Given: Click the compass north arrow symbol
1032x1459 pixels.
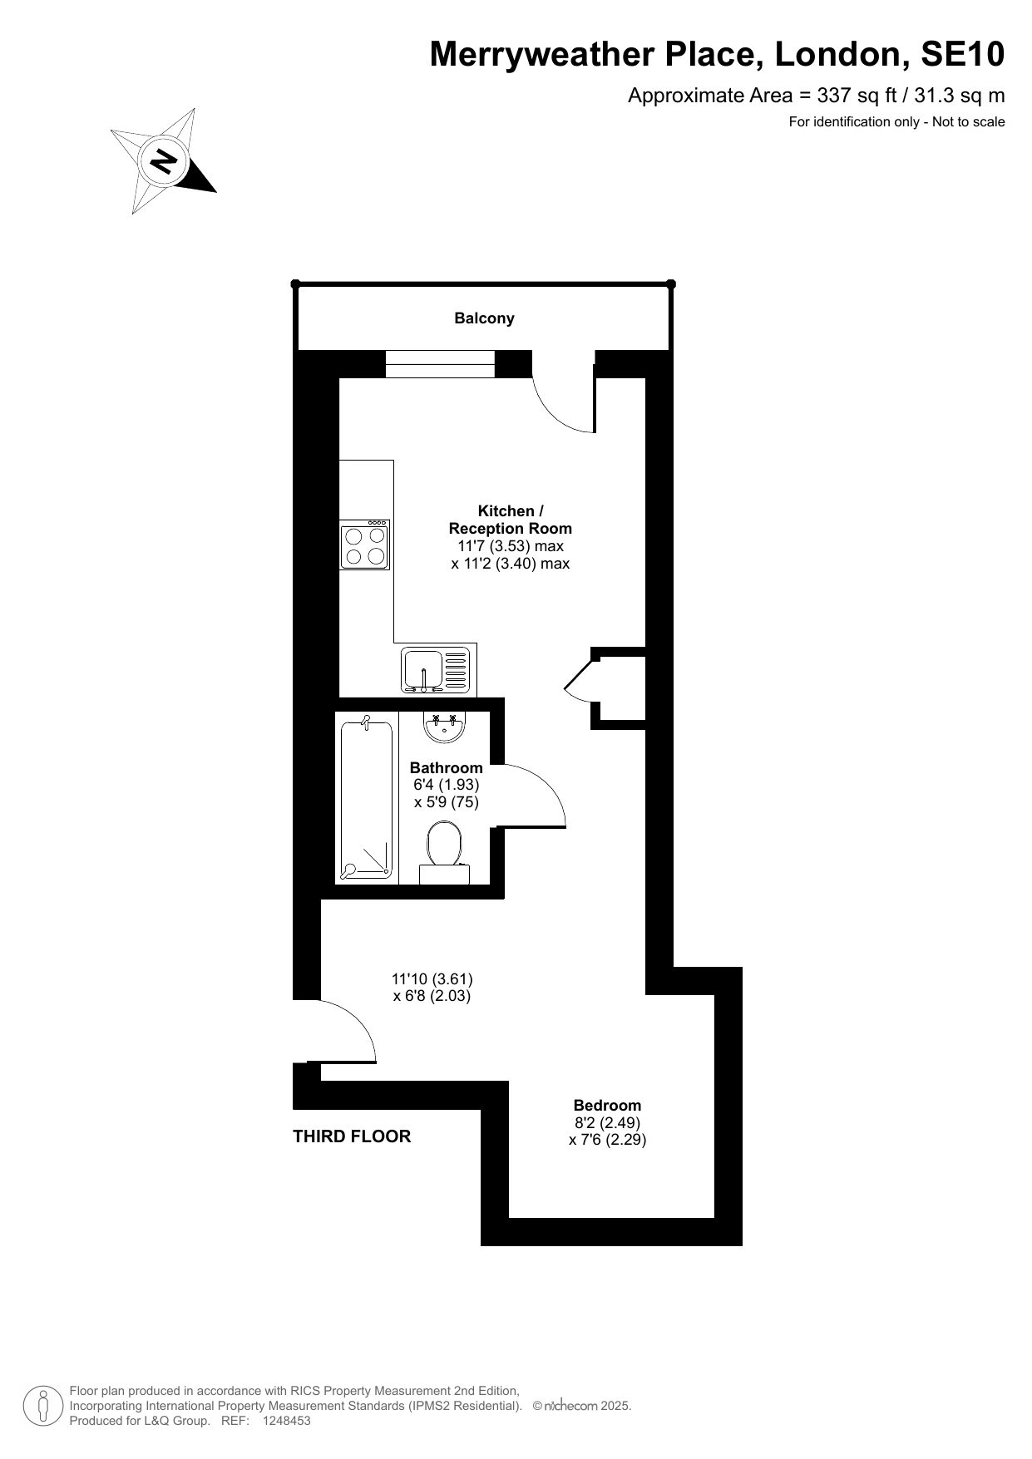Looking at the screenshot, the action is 163,160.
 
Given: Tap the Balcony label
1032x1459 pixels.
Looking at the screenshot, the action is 484,318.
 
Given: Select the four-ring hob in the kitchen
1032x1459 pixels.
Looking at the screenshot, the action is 365,545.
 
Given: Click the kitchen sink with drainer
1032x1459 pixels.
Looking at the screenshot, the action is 437,669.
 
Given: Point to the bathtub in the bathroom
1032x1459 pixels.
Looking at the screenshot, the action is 366,799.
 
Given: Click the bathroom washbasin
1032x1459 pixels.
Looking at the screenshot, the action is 444,727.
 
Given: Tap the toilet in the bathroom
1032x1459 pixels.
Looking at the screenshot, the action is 444,853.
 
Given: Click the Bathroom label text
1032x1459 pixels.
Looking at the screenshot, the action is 447,768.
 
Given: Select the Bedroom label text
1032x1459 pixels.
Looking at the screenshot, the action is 607,1106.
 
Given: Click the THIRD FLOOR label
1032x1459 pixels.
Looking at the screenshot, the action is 352,1136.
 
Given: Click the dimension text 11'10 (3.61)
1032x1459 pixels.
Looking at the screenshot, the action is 432,979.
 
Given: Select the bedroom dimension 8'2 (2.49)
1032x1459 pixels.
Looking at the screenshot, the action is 607,1122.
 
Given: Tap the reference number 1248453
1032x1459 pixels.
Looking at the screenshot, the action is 286,1422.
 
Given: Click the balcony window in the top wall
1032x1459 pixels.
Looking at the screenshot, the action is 440,364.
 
